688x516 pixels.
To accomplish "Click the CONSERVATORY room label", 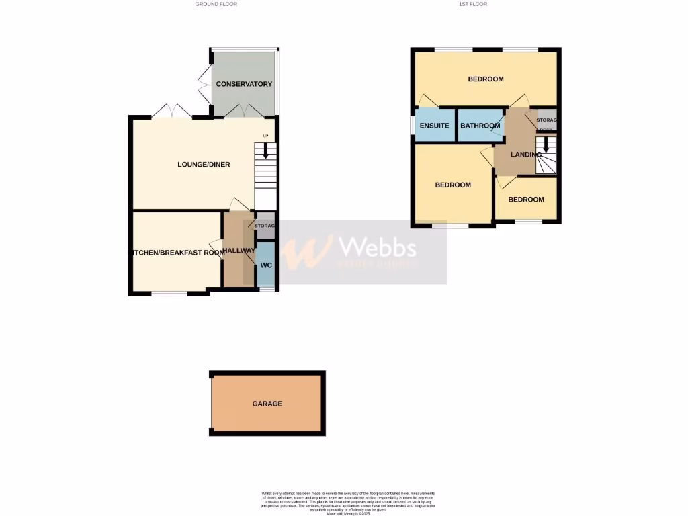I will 244,84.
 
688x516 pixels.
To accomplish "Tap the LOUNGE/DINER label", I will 204,165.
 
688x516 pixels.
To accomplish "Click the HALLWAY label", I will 239,251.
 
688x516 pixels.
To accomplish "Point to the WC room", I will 266,265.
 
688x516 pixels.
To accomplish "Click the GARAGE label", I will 267,404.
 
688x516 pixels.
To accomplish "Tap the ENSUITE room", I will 434,126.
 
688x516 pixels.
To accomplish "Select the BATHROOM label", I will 480,126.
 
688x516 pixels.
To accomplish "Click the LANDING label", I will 526,155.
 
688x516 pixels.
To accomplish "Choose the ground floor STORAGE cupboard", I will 265,226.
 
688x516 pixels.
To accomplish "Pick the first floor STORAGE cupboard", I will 547,120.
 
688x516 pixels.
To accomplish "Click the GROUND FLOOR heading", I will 216,4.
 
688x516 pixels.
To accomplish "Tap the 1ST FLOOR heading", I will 473,4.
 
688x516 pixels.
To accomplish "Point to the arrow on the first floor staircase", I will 546,143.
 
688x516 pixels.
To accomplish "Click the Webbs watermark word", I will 378,249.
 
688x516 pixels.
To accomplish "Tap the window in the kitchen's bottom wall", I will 169,293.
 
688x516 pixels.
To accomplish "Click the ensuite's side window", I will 413,125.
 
